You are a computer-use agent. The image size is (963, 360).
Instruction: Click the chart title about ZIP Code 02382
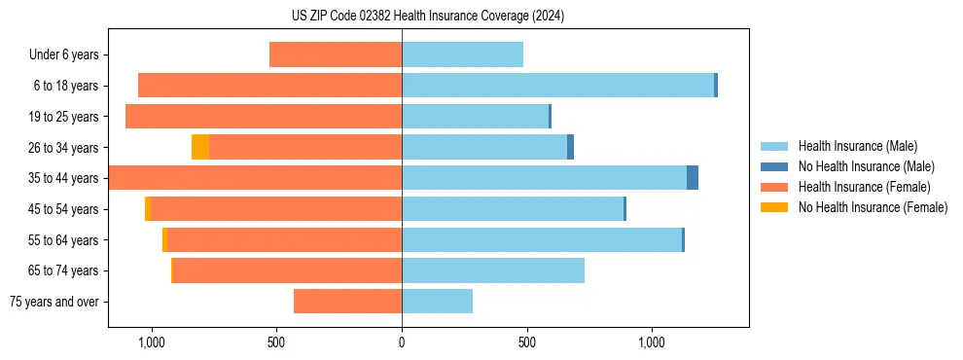point(427,16)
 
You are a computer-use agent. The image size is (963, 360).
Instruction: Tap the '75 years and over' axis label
point(54,302)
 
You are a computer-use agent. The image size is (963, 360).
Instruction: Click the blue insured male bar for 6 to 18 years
point(557,86)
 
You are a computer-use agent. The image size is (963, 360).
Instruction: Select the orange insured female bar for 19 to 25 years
point(264,117)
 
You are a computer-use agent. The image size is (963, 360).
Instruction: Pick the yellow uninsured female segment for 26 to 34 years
point(200,147)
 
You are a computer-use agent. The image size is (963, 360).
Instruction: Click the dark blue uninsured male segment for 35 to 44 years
point(693,178)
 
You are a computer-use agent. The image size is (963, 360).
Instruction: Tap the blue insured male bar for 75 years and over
point(437,302)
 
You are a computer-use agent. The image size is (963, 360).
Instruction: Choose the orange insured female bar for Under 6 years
point(336,55)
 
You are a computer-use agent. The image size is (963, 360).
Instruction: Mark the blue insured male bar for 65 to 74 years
point(493,270)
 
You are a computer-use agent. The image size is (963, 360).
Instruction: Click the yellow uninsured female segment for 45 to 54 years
point(148,209)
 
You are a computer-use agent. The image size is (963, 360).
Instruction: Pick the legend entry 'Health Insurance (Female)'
point(864,187)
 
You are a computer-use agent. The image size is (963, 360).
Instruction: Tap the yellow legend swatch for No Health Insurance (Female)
point(774,207)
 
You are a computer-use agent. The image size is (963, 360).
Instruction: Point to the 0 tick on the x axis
point(402,342)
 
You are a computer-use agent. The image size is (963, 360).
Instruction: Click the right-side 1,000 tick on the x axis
point(651,342)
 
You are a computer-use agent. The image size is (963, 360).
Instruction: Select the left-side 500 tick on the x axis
point(276,342)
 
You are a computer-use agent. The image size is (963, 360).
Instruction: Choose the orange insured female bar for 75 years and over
point(347,302)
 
